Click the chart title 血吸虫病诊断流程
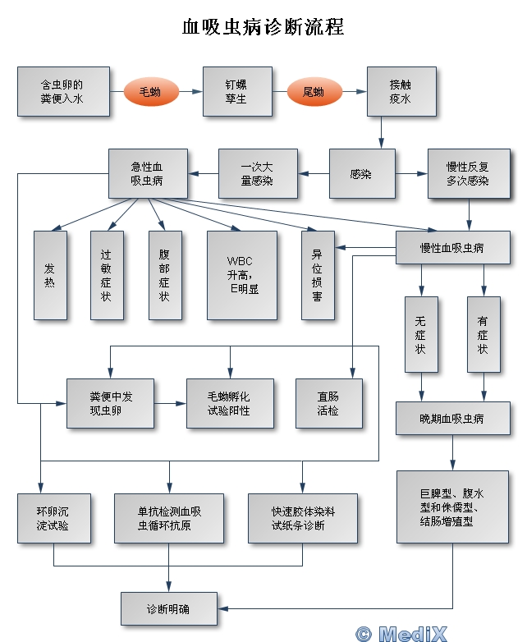[263, 27]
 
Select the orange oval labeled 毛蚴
[150, 92]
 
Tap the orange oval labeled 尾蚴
[314, 92]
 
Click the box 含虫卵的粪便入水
[63, 91]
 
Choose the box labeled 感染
[361, 174]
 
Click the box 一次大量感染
[258, 174]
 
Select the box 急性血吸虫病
[147, 174]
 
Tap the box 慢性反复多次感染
[468, 174]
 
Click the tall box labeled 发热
[50, 274]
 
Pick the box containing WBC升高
[243, 274]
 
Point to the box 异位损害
[317, 274]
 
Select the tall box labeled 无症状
[421, 336]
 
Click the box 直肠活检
[328, 403]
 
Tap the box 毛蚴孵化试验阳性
[230, 403]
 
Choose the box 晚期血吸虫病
[451, 418]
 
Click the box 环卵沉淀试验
[54, 518]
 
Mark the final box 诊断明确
[170, 609]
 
